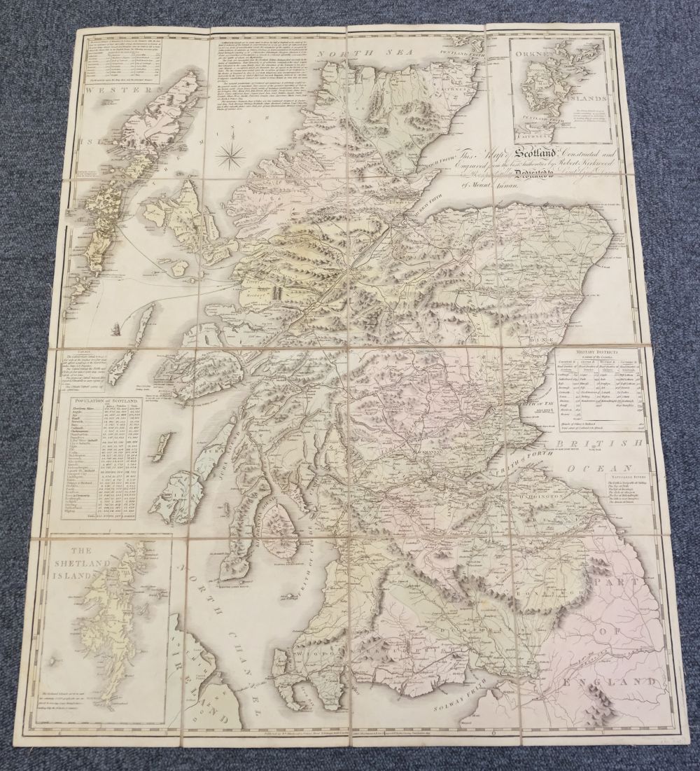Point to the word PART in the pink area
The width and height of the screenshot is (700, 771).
coord(610,581)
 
